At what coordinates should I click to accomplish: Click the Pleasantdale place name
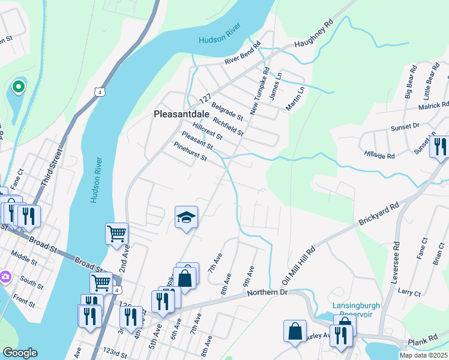pos(182,113)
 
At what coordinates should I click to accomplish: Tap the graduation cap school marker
pos(187,218)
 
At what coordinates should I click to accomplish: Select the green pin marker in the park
pos(19,88)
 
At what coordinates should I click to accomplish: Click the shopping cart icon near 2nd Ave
pos(116,233)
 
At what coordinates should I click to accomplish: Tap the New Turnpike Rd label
pos(261,96)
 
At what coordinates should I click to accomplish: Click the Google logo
pos(20,353)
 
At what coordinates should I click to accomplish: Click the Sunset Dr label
pos(402,127)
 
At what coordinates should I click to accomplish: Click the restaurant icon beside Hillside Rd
pos(439,147)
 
